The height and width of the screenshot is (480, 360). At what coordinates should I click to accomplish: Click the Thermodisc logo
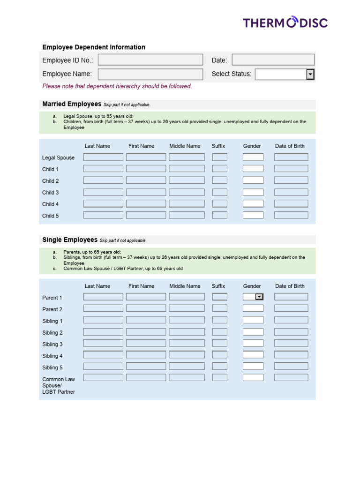tap(285, 22)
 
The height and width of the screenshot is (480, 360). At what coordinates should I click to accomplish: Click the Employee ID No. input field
tap(150, 60)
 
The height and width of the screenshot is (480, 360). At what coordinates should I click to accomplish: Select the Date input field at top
tap(273, 60)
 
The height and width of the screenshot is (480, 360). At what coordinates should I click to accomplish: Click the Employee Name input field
tap(150, 74)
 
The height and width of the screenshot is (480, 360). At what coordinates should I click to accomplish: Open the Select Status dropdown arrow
tap(310, 74)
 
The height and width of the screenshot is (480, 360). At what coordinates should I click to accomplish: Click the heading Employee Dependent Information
tap(94, 47)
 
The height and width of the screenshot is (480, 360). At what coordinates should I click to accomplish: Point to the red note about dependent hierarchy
tap(117, 86)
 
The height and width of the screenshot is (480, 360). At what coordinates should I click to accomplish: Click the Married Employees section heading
tap(72, 104)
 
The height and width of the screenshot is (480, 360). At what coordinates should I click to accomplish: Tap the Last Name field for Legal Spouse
tap(103, 157)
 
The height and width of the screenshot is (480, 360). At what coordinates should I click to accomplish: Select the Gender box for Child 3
tap(253, 192)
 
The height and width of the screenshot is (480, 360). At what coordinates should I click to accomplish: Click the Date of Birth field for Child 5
tap(291, 215)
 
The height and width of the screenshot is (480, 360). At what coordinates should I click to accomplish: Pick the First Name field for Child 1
tap(146, 169)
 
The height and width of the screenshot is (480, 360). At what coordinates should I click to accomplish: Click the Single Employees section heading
tap(70, 240)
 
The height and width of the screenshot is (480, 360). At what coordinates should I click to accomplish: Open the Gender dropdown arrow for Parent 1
tap(259, 297)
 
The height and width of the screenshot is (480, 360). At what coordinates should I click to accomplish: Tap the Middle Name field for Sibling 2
tap(187, 332)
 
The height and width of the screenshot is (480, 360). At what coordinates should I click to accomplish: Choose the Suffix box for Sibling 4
tap(219, 355)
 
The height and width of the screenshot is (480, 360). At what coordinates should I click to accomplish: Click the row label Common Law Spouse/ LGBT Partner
tap(59, 385)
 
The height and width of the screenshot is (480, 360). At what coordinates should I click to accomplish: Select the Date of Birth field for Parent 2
tap(291, 308)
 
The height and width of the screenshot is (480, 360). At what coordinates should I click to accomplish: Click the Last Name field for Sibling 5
tap(103, 367)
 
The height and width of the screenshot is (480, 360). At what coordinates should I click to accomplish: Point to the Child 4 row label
tap(51, 204)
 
